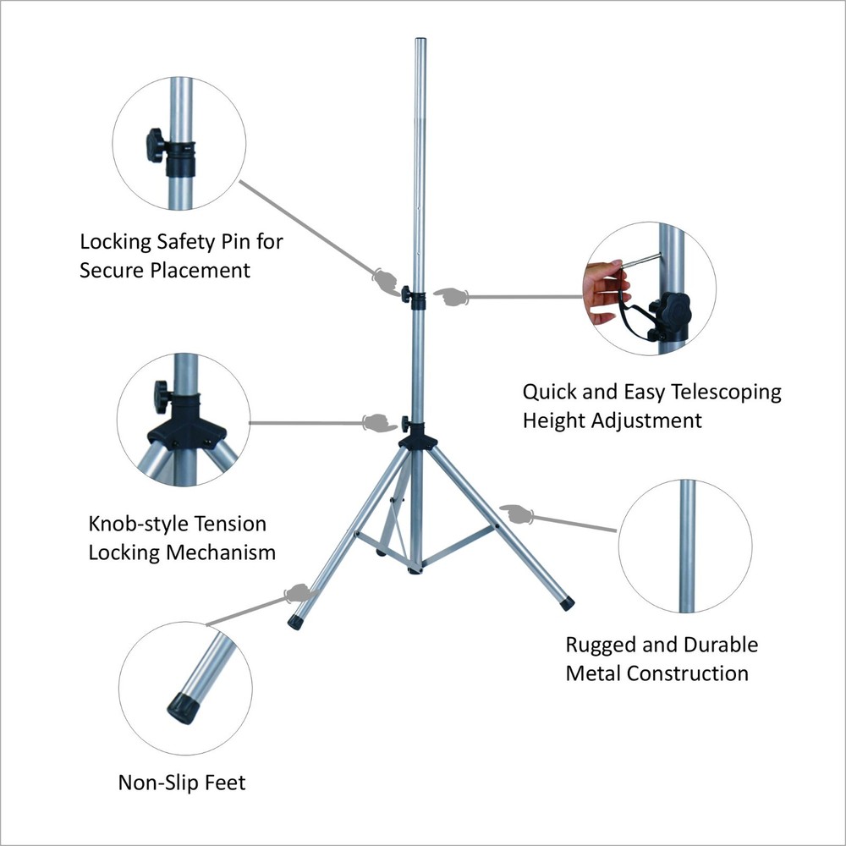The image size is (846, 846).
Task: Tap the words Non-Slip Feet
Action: click(x=182, y=783)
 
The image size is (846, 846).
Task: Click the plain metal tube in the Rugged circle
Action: click(x=688, y=546)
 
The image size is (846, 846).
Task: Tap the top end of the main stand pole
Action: click(x=418, y=42)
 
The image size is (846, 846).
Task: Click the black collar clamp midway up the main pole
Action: click(x=415, y=295)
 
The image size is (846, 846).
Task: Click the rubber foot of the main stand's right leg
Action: click(x=566, y=603)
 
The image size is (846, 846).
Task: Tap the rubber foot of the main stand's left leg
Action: click(x=296, y=622)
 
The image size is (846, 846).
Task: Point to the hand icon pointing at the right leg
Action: click(x=515, y=514)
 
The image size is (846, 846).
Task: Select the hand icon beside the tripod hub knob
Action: click(x=375, y=422)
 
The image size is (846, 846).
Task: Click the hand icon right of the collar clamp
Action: click(x=451, y=296)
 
